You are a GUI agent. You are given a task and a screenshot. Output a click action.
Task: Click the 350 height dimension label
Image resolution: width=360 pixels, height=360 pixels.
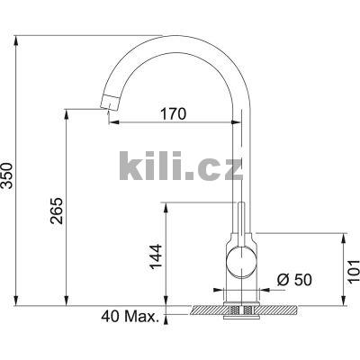(7, 175)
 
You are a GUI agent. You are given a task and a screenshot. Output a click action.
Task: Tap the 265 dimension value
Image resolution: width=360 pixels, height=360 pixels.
(57, 211)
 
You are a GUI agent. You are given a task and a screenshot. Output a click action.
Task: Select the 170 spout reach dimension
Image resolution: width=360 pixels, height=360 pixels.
(173, 113)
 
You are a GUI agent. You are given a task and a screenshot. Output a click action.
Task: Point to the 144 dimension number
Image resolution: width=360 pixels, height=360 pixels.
(156, 256)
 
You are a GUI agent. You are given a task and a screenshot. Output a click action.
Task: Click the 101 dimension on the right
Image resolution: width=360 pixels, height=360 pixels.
(354, 271)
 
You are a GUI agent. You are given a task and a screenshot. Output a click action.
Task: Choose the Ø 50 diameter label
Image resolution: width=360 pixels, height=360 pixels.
(294, 280)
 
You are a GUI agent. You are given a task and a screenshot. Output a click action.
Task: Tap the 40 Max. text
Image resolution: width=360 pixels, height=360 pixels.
(130, 316)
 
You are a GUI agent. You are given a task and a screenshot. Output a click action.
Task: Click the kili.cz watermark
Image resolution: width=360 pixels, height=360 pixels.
(181, 166)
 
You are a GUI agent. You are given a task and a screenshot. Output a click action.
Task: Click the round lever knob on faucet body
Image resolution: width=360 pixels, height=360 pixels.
(242, 261)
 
